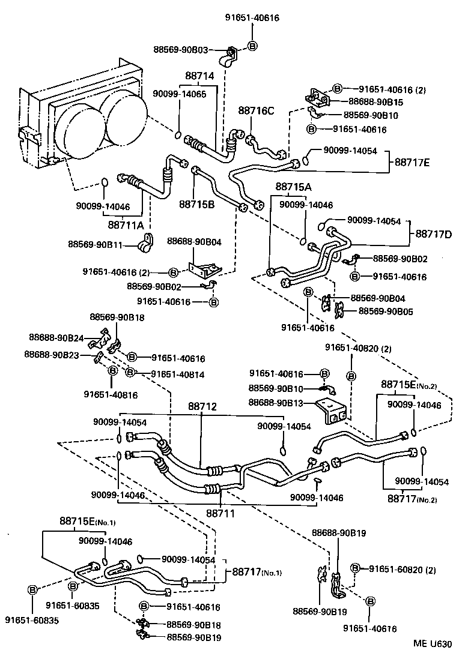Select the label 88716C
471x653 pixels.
[256, 110]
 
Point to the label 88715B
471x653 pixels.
[196, 204]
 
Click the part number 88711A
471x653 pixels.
[126, 225]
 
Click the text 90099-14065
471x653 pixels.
[179, 94]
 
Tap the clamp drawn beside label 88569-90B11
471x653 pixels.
[145, 244]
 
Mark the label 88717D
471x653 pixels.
[434, 233]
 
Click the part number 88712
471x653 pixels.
[201, 408]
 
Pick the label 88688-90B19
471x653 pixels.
[339, 533]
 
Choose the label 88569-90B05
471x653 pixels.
[386, 311]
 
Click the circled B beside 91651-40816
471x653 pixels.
[112, 370]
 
